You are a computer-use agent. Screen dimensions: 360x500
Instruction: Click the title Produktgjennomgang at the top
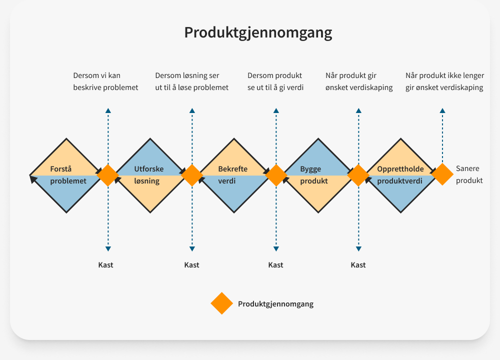click(258, 32)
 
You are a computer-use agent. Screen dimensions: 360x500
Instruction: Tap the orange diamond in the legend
click(221, 303)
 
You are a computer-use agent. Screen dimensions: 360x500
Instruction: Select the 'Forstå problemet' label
click(68, 175)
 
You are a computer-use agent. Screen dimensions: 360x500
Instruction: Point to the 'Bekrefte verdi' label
click(232, 175)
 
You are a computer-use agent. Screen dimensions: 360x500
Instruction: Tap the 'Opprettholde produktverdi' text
click(400, 175)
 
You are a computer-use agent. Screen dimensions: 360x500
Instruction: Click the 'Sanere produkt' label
click(469, 175)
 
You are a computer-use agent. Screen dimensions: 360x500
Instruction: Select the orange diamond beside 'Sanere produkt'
click(442, 175)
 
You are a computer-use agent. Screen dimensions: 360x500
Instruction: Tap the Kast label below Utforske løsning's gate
click(191, 265)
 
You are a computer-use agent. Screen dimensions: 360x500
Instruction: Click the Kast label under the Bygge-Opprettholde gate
click(358, 265)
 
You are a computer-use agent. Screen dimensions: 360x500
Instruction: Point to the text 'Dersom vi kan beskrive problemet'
click(105, 81)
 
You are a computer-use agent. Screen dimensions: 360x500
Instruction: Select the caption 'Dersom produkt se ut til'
click(275, 81)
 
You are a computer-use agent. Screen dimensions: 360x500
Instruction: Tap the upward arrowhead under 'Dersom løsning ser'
click(192, 110)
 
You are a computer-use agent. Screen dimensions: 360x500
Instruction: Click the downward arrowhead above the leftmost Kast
click(108, 248)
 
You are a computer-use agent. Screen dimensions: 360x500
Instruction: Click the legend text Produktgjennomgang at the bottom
click(275, 304)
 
